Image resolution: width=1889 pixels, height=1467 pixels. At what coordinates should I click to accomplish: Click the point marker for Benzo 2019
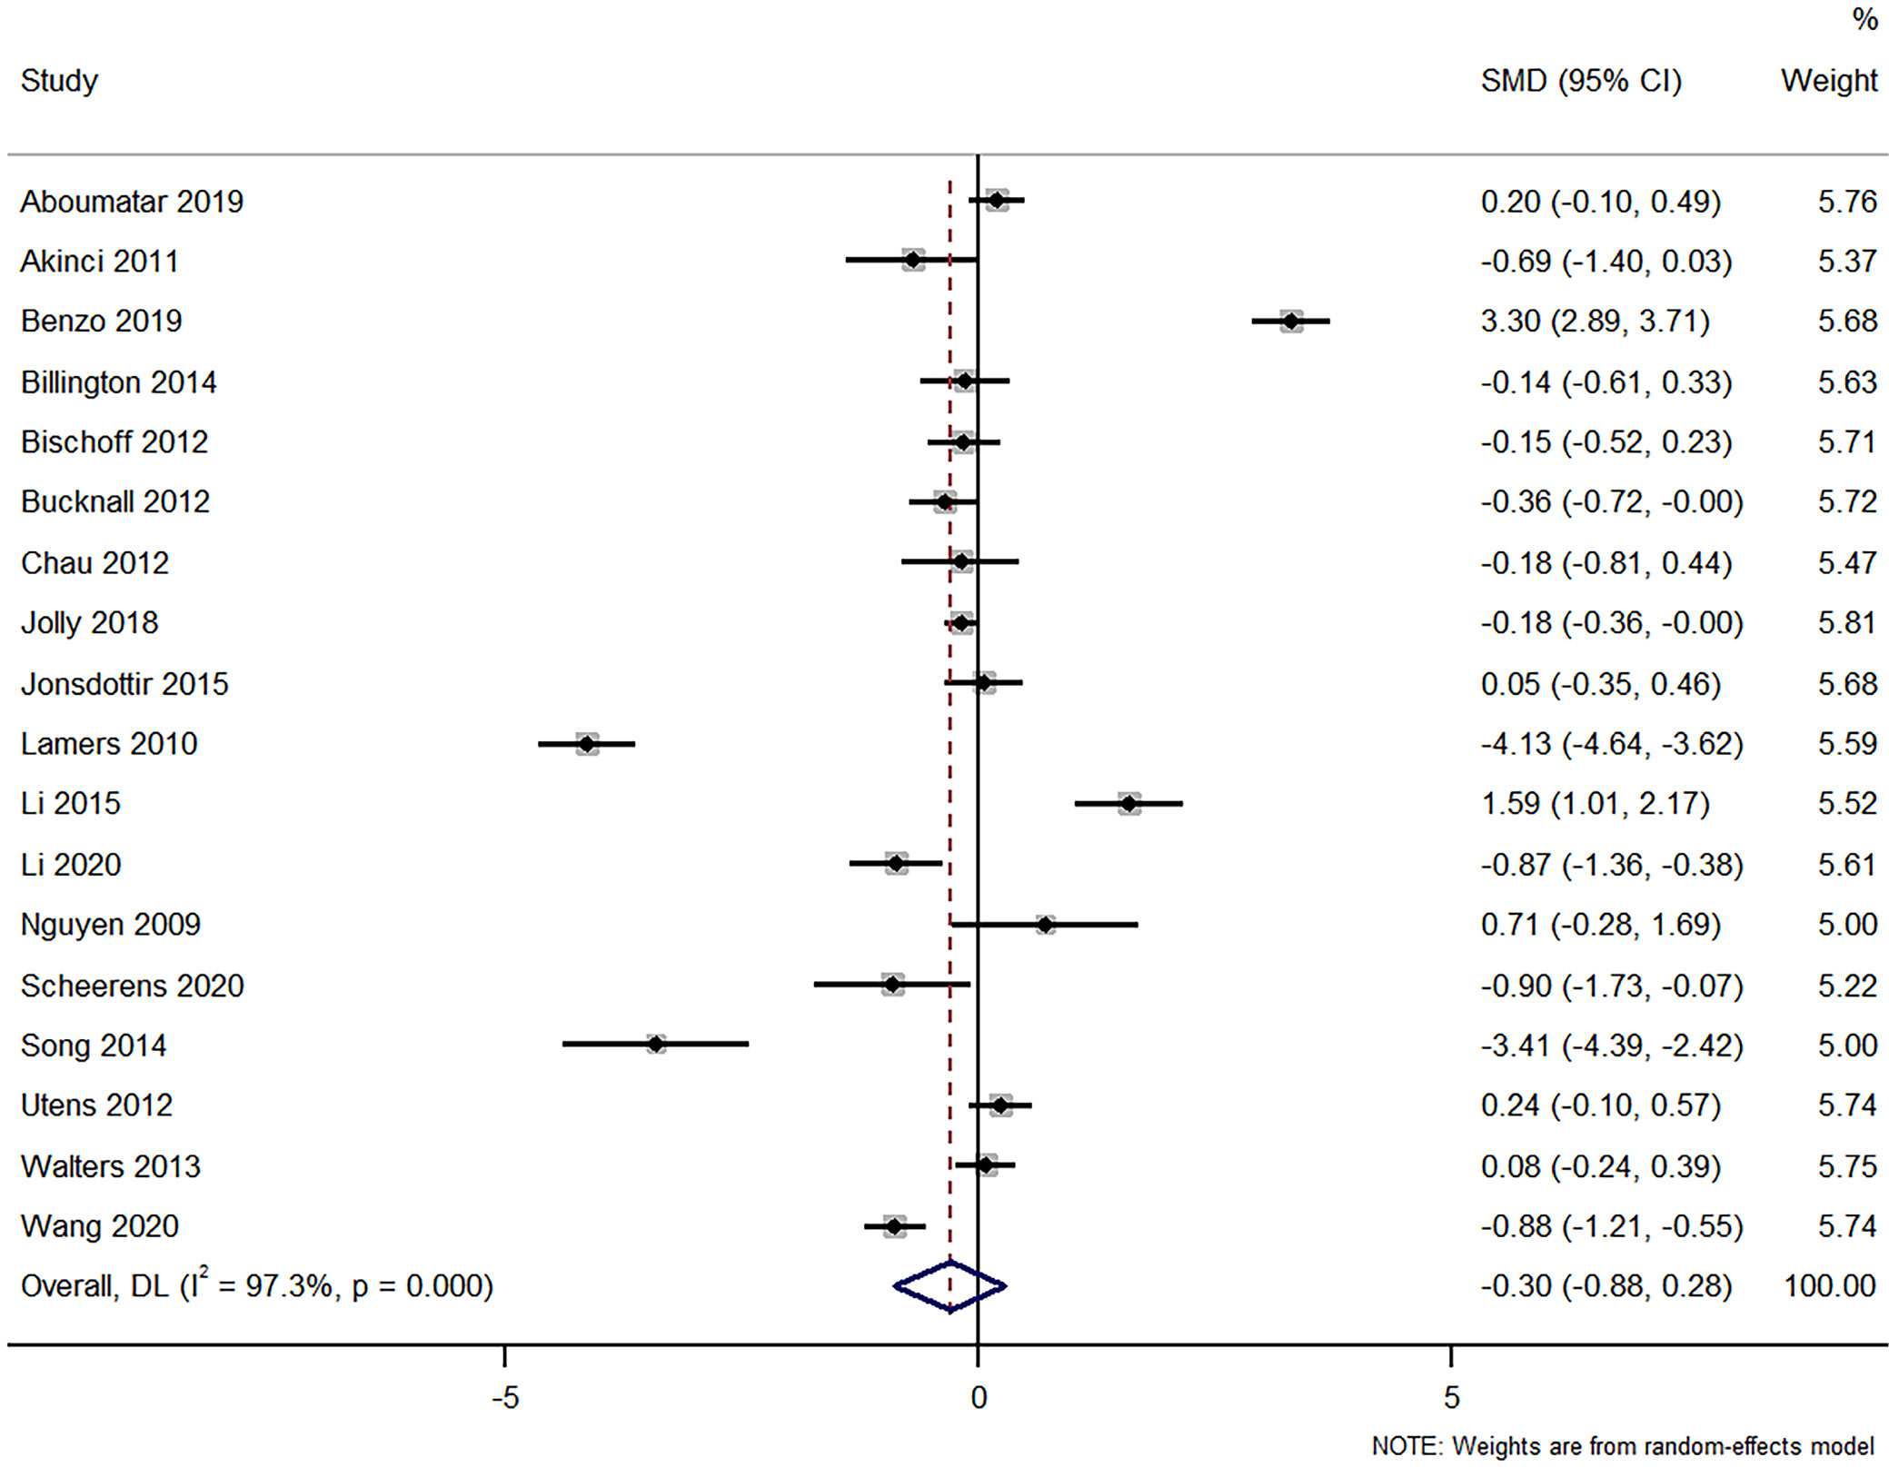1290,321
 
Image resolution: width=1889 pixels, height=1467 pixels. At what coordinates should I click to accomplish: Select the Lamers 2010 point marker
587,744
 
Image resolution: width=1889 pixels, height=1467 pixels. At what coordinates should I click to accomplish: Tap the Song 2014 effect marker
655,1045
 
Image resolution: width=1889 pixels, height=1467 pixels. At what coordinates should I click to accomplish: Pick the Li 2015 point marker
1128,803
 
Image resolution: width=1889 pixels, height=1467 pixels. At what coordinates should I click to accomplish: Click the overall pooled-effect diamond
949,1286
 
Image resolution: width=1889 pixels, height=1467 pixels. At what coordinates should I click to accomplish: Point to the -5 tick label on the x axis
504,1397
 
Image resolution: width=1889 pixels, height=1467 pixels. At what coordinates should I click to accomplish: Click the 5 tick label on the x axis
1451,1397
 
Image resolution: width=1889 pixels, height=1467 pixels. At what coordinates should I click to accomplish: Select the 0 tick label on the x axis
978,1397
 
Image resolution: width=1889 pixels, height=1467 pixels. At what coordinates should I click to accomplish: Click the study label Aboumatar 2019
132,201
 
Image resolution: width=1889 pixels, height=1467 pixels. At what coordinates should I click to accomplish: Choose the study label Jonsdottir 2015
124,683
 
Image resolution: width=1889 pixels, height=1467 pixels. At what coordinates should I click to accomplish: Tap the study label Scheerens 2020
132,985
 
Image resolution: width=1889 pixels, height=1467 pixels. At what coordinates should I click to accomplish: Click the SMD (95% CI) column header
1581,81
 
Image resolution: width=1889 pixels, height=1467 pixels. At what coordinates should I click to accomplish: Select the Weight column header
1828,81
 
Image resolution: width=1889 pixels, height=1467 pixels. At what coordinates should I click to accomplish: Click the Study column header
59,81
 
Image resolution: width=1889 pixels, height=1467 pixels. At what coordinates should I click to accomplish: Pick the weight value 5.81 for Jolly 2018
1846,622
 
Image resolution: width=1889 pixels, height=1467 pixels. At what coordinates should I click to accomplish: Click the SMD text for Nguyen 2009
1600,924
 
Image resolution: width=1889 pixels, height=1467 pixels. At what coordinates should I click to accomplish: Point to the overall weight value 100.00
1829,1286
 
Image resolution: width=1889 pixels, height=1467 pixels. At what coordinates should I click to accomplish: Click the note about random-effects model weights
1623,1445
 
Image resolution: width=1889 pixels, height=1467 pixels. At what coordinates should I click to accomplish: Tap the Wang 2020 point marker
894,1226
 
